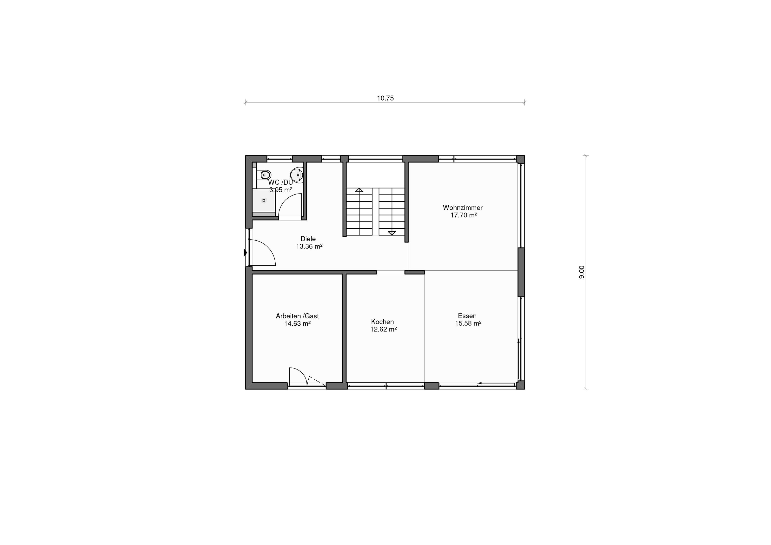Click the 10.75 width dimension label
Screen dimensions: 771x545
pyautogui.click(x=385, y=98)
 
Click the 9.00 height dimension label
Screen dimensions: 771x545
pyautogui.click(x=582, y=272)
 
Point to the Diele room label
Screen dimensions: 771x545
pyautogui.click(x=308, y=239)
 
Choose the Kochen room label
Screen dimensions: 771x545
pyautogui.click(x=382, y=322)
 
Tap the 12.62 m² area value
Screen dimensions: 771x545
pyautogui.click(x=384, y=330)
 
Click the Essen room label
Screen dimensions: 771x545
pyautogui.click(x=467, y=316)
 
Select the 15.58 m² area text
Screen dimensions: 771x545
pyautogui.click(x=468, y=323)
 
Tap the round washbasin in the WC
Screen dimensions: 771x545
pyautogui.click(x=297, y=175)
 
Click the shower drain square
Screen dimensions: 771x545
pyautogui.click(x=264, y=200)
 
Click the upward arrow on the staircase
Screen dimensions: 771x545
pyautogui.click(x=359, y=190)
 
